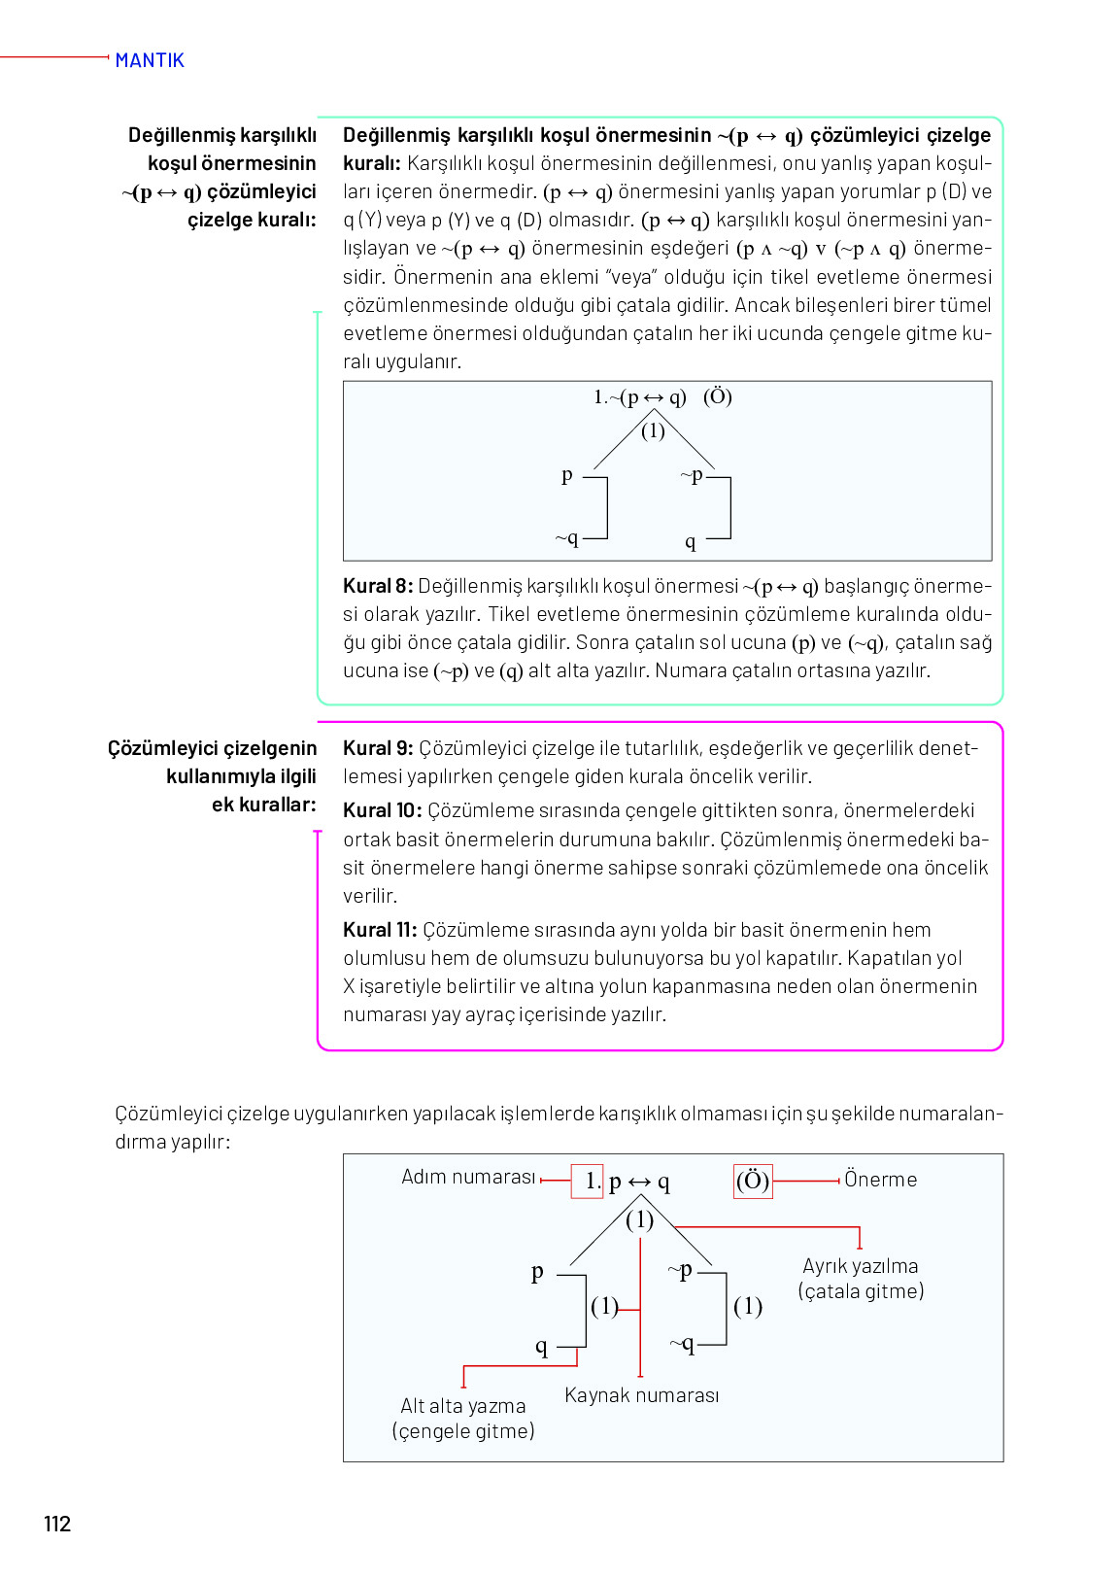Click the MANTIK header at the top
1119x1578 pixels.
point(150,60)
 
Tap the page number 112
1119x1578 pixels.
point(57,1524)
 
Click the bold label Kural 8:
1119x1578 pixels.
point(378,586)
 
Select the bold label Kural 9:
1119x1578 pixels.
point(378,748)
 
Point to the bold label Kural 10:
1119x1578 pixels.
point(382,810)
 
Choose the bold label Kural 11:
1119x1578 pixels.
point(380,930)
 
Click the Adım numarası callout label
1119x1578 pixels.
point(468,1177)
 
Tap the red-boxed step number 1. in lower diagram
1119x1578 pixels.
point(589,1181)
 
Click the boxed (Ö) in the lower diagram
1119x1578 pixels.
point(753,1181)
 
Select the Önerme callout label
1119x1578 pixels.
point(880,1180)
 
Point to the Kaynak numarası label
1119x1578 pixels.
point(641,1395)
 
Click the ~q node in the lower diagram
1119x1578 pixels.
point(682,1344)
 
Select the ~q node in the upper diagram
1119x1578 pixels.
point(567,537)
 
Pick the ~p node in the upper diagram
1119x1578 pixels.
point(692,475)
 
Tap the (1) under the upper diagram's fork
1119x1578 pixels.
point(653,430)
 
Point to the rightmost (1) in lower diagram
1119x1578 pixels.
point(748,1306)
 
